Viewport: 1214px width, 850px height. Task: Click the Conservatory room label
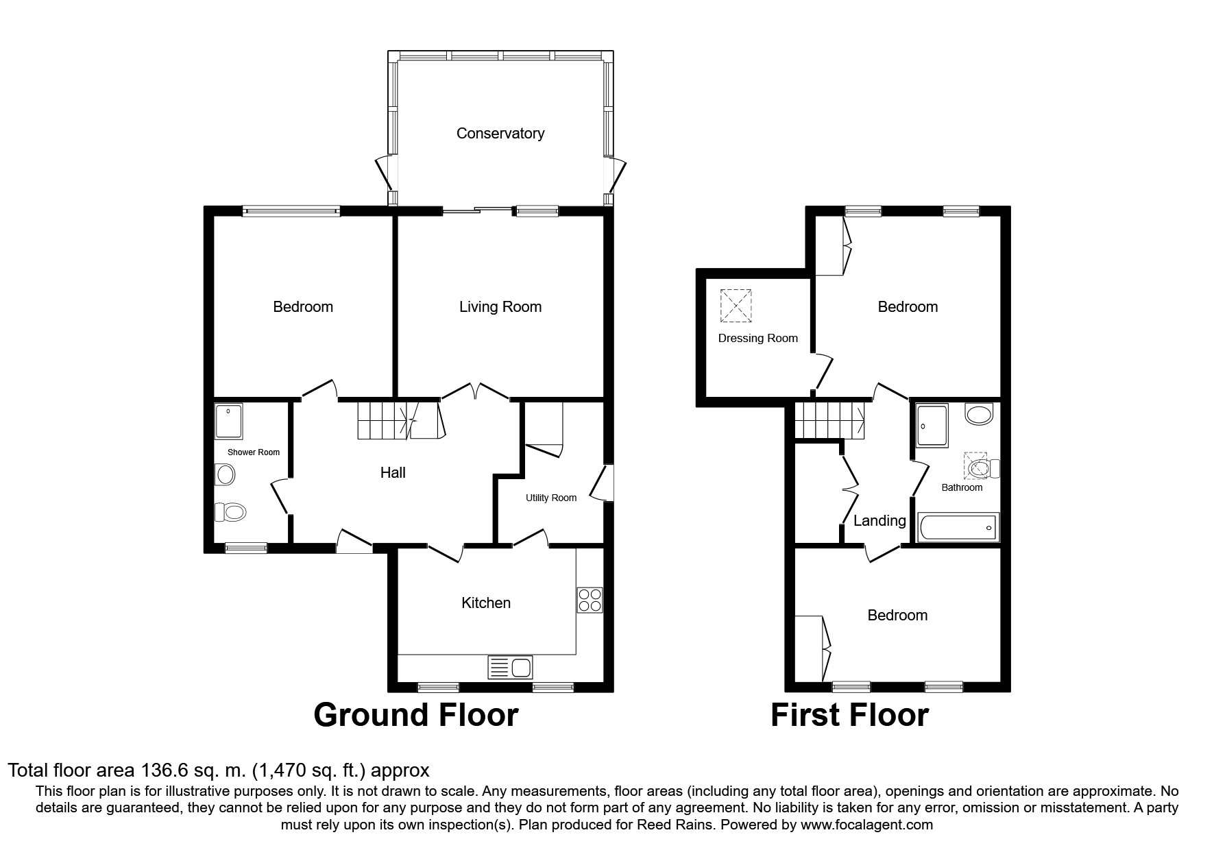500,134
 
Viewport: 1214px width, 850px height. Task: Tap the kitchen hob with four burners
590,600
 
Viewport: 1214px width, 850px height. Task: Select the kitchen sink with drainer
510,667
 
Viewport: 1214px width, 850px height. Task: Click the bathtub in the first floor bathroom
959,529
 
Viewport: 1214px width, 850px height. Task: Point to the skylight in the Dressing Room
736,306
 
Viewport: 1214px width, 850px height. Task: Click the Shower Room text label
254,452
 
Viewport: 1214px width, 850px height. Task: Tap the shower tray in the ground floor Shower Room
228,421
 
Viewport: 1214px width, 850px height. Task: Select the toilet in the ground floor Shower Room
231,511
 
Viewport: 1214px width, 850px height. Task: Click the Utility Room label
551,498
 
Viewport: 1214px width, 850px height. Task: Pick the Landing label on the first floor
879,521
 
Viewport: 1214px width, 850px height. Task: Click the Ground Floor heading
415,715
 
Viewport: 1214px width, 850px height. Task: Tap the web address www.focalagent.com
866,825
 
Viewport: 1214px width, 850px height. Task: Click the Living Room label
500,307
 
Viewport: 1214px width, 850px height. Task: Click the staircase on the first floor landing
829,420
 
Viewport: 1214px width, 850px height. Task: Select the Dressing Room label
757,339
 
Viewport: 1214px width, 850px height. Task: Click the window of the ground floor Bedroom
291,211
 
